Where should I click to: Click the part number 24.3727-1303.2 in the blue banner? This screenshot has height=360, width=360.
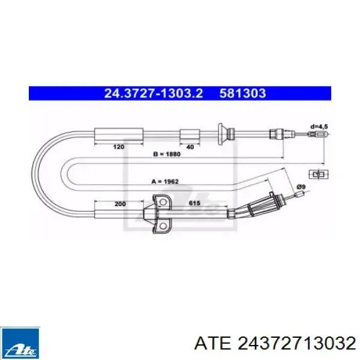pyautogui.click(x=154, y=94)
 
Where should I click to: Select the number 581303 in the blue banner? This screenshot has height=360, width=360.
pyautogui.click(x=242, y=94)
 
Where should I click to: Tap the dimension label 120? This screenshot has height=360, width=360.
pyautogui.click(x=119, y=147)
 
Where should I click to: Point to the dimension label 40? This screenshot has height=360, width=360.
pyautogui.click(x=190, y=147)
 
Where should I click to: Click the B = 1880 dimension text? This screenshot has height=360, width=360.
pyautogui.click(x=167, y=154)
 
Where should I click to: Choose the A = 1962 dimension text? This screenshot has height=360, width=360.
pyautogui.click(x=165, y=182)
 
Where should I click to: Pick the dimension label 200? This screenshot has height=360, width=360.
pyautogui.click(x=120, y=204)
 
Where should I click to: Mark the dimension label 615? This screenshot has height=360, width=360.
pyautogui.click(x=194, y=203)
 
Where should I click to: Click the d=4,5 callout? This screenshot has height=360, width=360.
pyautogui.click(x=319, y=127)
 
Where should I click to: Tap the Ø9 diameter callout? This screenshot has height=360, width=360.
pyautogui.click(x=301, y=187)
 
